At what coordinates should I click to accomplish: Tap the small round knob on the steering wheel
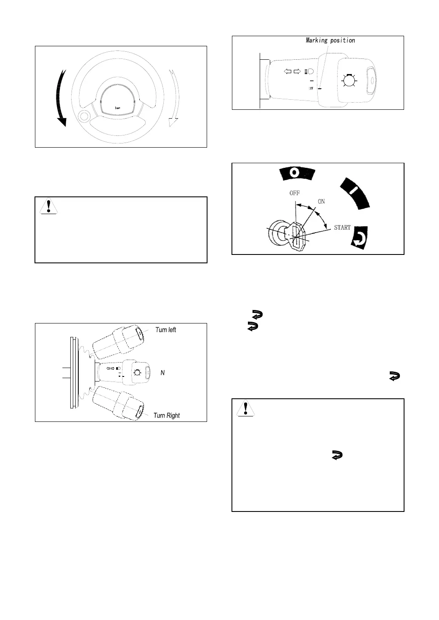[84, 117]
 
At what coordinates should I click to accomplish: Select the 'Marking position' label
[330, 40]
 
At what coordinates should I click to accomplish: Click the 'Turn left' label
[165, 330]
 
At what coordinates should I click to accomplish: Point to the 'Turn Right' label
[166, 416]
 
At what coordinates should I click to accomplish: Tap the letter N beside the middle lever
[162, 373]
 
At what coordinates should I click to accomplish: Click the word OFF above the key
[294, 193]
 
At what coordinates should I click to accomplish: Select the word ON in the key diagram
[321, 201]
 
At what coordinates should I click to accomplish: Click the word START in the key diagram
[342, 228]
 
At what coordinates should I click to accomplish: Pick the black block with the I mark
[355, 192]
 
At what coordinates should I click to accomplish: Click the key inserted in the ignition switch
[297, 236]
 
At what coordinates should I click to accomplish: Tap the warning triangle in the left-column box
[49, 206]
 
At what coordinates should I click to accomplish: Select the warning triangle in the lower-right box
[246, 408]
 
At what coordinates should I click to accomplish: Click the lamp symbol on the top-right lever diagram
[348, 80]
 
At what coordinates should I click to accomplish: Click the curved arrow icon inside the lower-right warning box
[337, 455]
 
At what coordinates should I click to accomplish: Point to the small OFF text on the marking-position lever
[311, 88]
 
